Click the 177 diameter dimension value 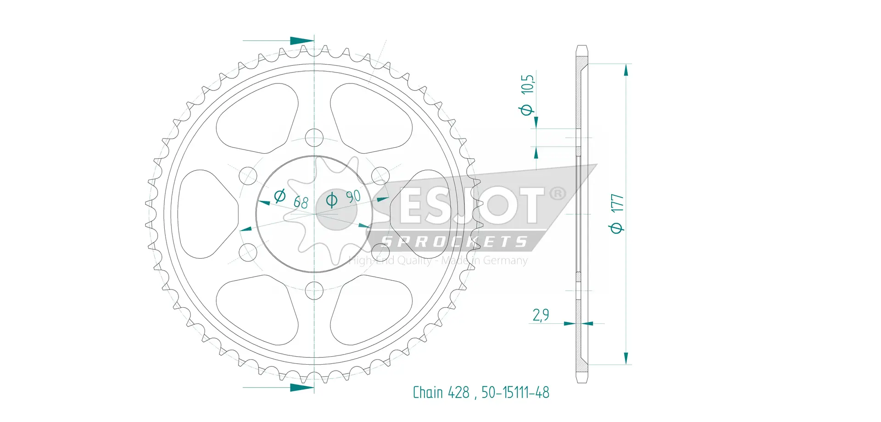pos(618,203)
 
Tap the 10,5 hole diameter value pos(528,84)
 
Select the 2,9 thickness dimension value pos(541,315)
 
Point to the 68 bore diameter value pos(301,202)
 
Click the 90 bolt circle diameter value pos(353,196)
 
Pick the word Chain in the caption pos(428,392)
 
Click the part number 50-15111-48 pos(515,392)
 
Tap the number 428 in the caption pos(459,392)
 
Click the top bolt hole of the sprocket pos(314,137)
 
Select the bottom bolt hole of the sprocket pos(314,290)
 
